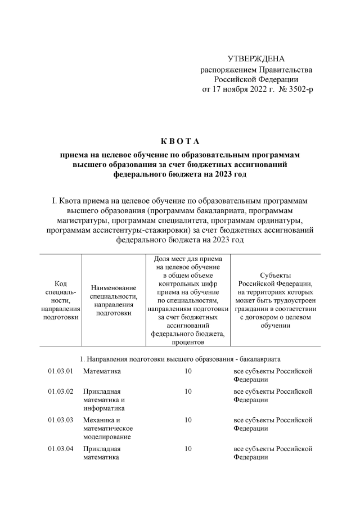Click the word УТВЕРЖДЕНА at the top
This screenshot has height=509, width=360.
click(256, 59)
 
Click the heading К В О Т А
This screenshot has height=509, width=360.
click(180, 140)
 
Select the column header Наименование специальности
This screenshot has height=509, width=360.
click(114, 300)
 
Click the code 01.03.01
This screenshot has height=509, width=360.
click(61, 371)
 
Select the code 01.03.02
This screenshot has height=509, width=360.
click(61, 391)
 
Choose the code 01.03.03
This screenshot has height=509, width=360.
click(61, 420)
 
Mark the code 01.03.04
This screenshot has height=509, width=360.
click(61, 449)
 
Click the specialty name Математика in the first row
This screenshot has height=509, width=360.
click(102, 371)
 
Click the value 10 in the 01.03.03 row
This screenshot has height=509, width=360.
click(188, 420)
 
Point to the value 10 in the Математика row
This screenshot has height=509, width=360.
click(188, 371)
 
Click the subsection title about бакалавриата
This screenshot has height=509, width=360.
click(179, 358)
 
